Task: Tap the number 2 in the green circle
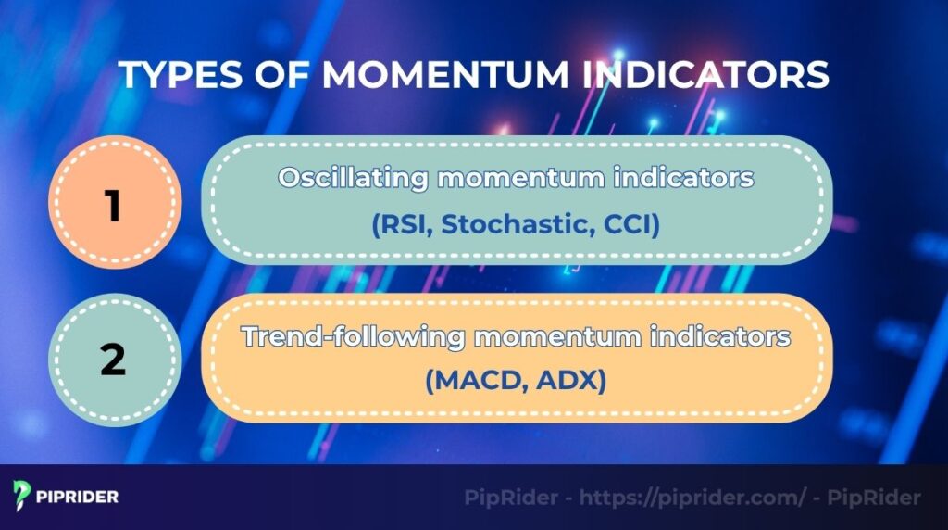pos(113,360)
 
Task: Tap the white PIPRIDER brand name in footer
pos(79,497)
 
